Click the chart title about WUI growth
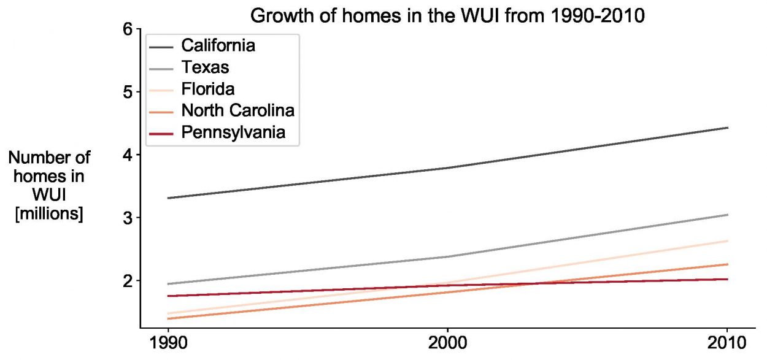click(447, 16)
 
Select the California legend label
click(218, 45)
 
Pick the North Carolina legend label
click(238, 110)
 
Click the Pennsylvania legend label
click(233, 132)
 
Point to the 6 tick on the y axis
click(128, 29)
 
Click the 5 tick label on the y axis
click(128, 92)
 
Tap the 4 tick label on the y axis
click(128, 155)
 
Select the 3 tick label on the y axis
click(128, 218)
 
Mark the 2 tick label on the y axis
click(128, 281)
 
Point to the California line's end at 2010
click(727, 128)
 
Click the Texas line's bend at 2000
click(447, 256)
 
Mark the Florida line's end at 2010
click(727, 241)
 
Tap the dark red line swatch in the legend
click(163, 132)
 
